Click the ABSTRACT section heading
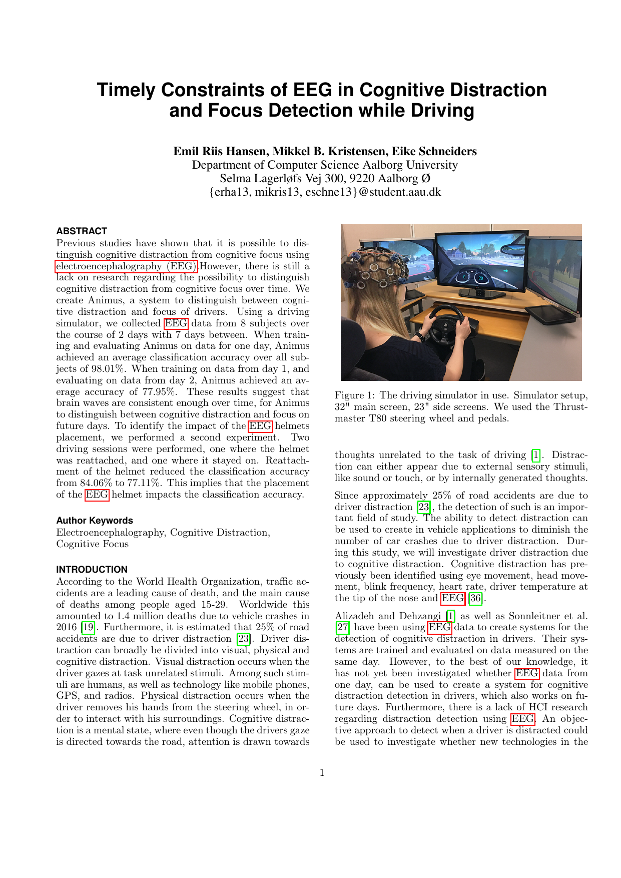(82, 231)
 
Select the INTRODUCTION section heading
(92, 569)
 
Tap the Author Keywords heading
(95, 520)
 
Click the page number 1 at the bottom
(322, 772)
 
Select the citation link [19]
(88, 627)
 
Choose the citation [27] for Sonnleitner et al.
(342, 627)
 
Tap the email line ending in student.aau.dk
(325, 192)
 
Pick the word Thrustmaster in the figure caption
(570, 407)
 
